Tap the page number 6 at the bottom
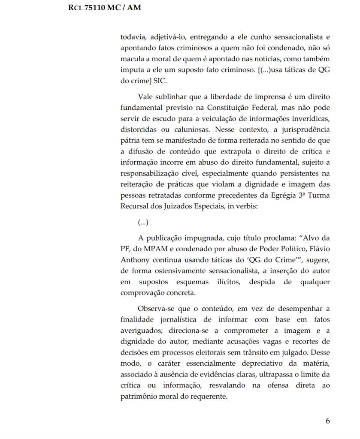pos(328,421)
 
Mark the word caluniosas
pos(188,129)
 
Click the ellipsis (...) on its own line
pos(143,223)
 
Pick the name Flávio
pos(318,249)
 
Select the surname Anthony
pos(136,260)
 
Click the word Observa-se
pos(157,308)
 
